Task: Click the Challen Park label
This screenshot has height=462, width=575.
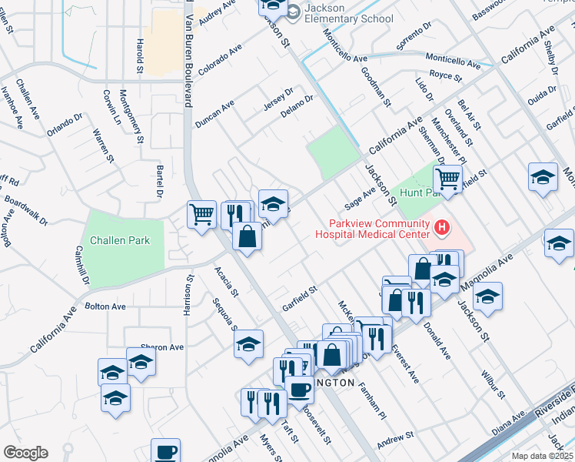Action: tap(118, 240)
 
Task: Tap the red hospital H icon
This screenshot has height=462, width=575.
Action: tap(442, 227)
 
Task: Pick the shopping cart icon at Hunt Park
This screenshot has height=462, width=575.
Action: tap(447, 179)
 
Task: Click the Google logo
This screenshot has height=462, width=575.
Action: tap(25, 452)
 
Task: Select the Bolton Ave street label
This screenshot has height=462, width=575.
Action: tap(105, 306)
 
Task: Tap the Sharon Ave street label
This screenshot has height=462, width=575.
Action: tap(162, 347)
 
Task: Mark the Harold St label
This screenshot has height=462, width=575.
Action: tap(140, 57)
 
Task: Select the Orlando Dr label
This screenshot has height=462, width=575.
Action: tap(64, 123)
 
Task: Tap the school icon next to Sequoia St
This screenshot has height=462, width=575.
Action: tap(248, 344)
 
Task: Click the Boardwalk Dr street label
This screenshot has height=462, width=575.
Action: tap(25, 213)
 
